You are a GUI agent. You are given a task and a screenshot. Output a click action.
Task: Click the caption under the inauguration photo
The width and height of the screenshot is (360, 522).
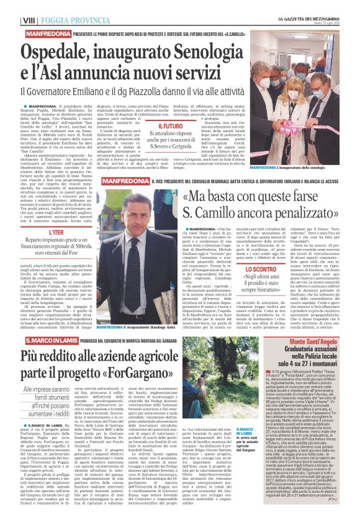(x=292, y=168)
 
